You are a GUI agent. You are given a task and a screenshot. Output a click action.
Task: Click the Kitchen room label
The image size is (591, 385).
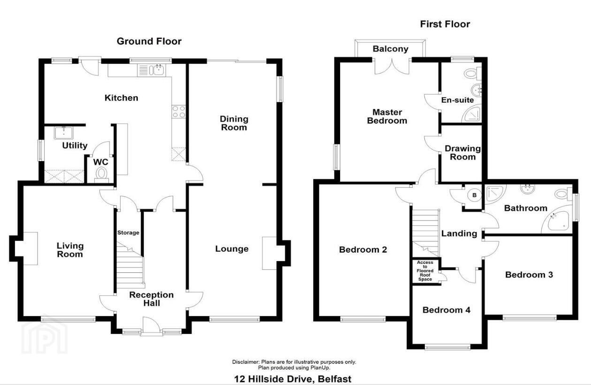[x=121, y=98]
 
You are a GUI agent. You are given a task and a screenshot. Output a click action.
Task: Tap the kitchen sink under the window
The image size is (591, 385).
[x=151, y=70]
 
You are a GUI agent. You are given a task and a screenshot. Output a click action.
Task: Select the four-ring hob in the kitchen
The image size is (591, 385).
[x=179, y=112]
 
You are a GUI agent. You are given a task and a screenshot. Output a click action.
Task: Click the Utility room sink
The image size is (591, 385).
[x=64, y=133]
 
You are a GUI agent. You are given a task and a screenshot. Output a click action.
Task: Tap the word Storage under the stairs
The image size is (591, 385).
[x=128, y=232]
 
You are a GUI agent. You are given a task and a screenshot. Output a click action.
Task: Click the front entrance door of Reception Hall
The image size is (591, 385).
[x=151, y=326]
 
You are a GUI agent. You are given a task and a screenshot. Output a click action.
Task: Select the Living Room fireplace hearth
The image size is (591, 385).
[x=30, y=248]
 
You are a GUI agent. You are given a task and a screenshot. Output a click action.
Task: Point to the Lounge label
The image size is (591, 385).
[x=232, y=249]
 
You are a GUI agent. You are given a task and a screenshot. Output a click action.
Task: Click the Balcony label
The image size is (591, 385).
[x=390, y=49]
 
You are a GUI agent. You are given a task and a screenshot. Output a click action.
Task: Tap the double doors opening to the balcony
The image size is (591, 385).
[x=392, y=67]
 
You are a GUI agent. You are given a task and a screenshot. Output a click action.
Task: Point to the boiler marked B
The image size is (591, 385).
[x=474, y=195]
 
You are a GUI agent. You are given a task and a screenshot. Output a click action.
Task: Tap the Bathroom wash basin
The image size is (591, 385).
[x=527, y=189]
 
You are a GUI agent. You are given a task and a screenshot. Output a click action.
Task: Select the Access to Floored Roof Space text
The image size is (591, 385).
[x=425, y=270]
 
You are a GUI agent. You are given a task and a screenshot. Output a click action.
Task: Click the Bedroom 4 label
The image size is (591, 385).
[x=447, y=310]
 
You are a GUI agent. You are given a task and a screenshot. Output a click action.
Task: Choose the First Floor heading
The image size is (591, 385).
[x=445, y=24]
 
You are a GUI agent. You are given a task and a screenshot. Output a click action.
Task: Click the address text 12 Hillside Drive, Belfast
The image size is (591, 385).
[x=293, y=379]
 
